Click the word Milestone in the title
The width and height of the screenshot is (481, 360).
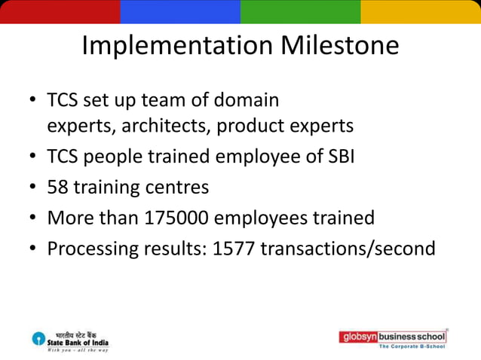[340, 46]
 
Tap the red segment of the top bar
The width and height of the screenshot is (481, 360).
[60, 11]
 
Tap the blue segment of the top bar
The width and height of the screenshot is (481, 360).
[180, 11]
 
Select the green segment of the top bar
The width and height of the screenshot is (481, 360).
[300, 11]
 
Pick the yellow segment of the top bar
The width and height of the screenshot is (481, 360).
[421, 11]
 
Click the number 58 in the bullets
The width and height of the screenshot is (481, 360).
[58, 186]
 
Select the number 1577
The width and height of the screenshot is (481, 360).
[234, 249]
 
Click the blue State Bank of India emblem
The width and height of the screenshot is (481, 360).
[38, 338]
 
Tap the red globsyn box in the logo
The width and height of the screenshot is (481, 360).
[358, 337]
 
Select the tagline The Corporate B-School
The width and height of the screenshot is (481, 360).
[412, 346]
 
